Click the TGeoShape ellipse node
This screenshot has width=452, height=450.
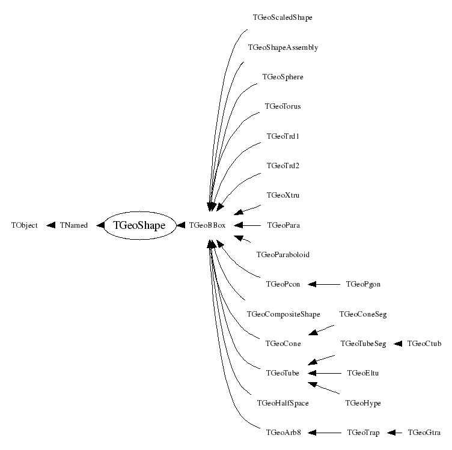click(x=139, y=225)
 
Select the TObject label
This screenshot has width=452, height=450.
click(x=25, y=225)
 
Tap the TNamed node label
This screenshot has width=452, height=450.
click(x=74, y=225)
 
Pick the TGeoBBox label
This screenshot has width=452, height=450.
click(x=207, y=225)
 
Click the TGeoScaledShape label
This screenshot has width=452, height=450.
click(x=282, y=17)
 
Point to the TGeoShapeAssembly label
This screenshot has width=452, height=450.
click(x=282, y=47)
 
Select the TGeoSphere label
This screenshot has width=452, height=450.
click(x=282, y=77)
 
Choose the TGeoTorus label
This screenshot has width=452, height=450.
click(x=282, y=106)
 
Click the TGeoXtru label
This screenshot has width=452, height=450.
click(x=282, y=195)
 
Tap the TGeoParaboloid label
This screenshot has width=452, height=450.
click(x=282, y=255)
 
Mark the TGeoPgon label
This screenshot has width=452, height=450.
click(x=363, y=284)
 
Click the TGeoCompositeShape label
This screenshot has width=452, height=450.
click(x=283, y=314)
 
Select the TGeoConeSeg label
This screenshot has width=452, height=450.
click(x=363, y=314)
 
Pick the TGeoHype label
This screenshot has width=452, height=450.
click(x=363, y=403)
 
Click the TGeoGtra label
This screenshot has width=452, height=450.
click(x=424, y=432)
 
